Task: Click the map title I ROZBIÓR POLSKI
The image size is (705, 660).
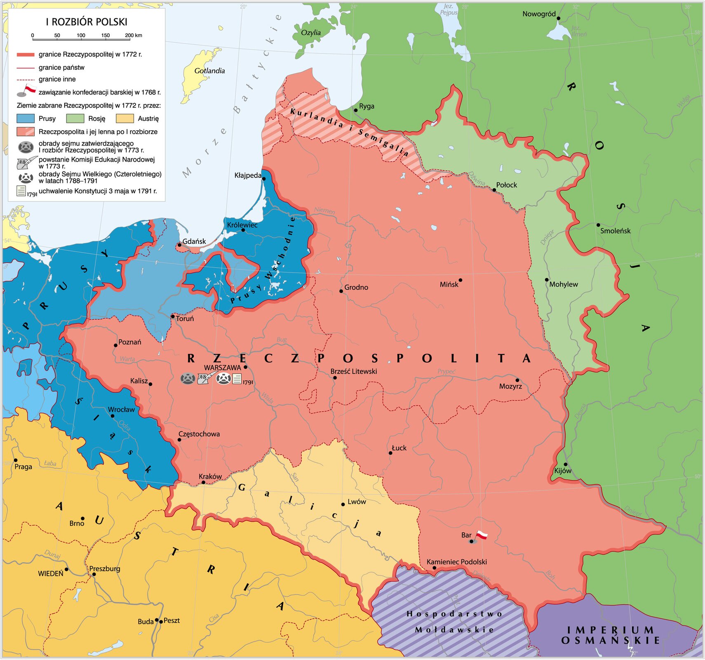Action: pyautogui.click(x=87, y=22)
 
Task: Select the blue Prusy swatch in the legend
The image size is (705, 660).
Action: pyautogui.click(x=26, y=118)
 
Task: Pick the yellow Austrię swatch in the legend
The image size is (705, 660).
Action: pyautogui.click(x=125, y=118)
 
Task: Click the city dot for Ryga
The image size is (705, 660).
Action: pyautogui.click(x=356, y=110)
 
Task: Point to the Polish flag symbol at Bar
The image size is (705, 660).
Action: pyautogui.click(x=482, y=535)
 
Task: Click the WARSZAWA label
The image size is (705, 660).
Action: pyautogui.click(x=222, y=367)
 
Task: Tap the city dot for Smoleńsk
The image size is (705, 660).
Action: pyautogui.click(x=598, y=225)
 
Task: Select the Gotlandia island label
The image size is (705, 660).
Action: pyautogui.click(x=209, y=71)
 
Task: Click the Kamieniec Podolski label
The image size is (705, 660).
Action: pyautogui.click(x=456, y=562)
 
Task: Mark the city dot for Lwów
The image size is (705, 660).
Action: pyautogui.click(x=343, y=504)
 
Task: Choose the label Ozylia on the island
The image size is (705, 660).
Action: pyautogui.click(x=311, y=33)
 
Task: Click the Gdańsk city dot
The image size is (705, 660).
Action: pyautogui.click(x=179, y=245)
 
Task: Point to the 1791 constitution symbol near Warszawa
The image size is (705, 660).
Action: pyautogui.click(x=237, y=379)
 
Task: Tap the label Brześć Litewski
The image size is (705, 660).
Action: pyautogui.click(x=354, y=371)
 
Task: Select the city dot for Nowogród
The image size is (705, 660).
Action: pyautogui.click(x=559, y=18)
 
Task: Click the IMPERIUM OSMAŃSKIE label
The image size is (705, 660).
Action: pyautogui.click(x=610, y=635)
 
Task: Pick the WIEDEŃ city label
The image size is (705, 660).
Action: pyautogui.click(x=51, y=573)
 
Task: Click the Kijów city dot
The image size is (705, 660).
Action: pyautogui.click(x=566, y=464)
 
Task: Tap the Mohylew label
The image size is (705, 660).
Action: pyautogui.click(x=563, y=284)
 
